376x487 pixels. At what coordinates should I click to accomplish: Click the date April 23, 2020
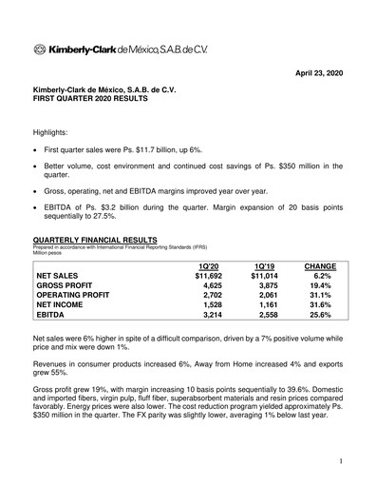tap(315, 72)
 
